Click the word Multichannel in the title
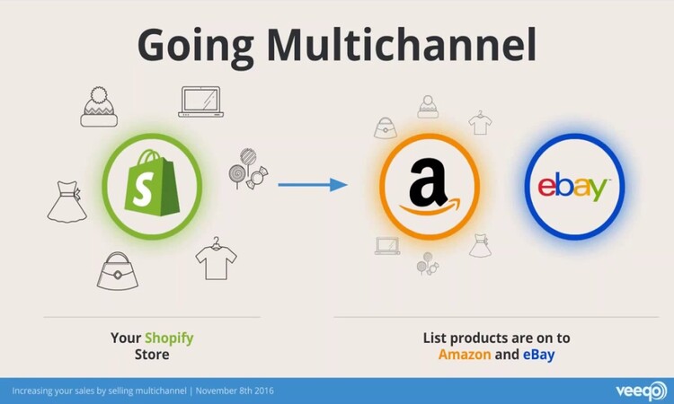coord(402,45)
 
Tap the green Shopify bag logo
coord(152,183)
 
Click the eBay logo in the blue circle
coord(574,187)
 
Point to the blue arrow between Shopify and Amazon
coord(313,185)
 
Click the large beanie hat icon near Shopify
coord(99,107)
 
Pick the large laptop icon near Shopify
coord(200,101)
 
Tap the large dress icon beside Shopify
coord(67,201)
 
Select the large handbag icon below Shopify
coord(118,271)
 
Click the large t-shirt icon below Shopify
coord(216,259)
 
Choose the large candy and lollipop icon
coord(248,169)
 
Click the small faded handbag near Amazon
coord(386,128)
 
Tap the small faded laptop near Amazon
coord(386,246)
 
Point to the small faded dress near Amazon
coord(480,246)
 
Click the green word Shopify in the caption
coord(169,338)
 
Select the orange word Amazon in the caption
coord(465,355)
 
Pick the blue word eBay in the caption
coord(538,355)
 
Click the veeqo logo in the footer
coord(641,391)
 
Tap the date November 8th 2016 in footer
coord(235,391)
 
